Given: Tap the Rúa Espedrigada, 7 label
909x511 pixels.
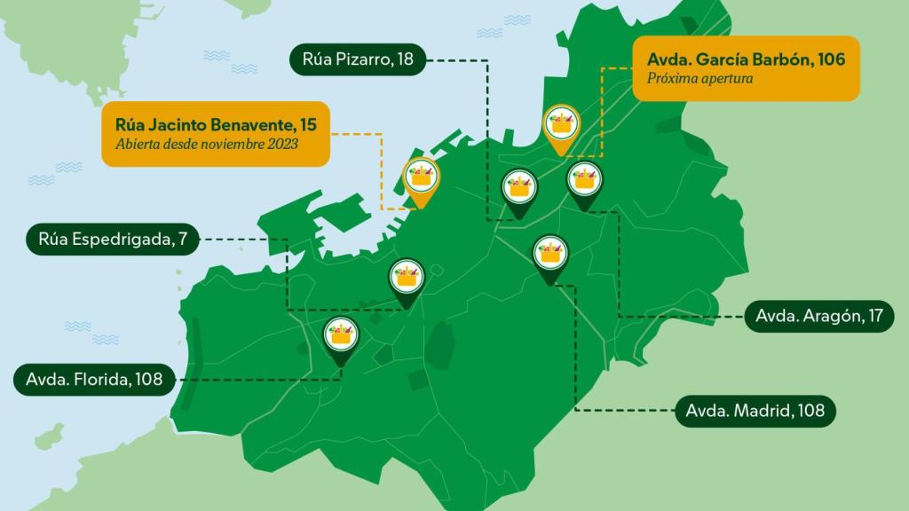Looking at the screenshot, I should point(113,239).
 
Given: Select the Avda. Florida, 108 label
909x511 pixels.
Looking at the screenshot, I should point(94,380).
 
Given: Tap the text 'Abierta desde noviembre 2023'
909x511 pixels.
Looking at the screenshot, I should point(207,144).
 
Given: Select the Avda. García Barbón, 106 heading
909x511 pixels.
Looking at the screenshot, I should point(746,59).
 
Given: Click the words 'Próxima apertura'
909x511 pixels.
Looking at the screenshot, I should point(700,78).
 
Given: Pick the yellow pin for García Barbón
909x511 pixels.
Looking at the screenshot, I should point(561,127).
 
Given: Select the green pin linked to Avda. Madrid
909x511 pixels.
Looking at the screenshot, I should point(550,255).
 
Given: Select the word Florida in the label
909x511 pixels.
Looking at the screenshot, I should point(99,380).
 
